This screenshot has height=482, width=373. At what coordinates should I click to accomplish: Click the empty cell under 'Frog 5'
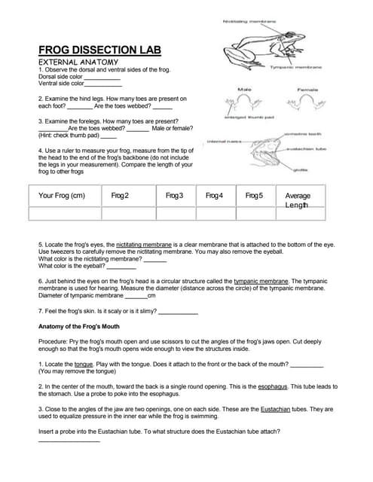click(x=255, y=213)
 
